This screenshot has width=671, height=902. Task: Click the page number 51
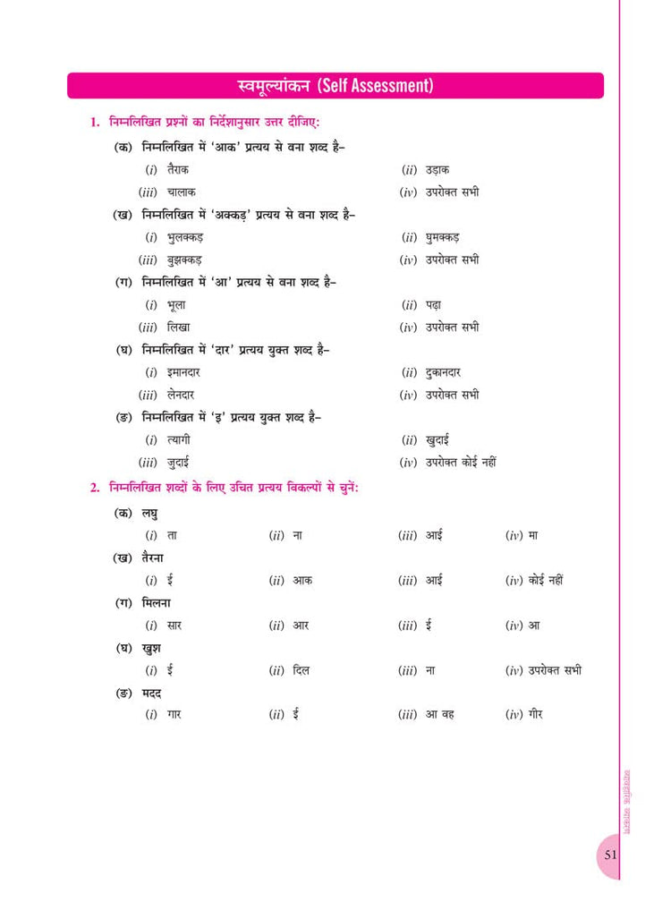pos(610,854)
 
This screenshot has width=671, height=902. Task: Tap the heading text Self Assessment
pos(375,86)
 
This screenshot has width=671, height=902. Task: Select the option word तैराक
pos(178,169)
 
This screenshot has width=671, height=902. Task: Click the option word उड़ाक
pos(437,169)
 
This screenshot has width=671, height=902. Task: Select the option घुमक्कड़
pos(445,237)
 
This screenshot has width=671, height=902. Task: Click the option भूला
pos(176,305)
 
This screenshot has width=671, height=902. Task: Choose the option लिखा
pos(178,328)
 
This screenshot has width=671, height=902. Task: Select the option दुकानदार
pos(445,372)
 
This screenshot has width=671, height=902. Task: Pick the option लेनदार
pos(181,395)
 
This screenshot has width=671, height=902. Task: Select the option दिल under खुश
pos(302,670)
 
